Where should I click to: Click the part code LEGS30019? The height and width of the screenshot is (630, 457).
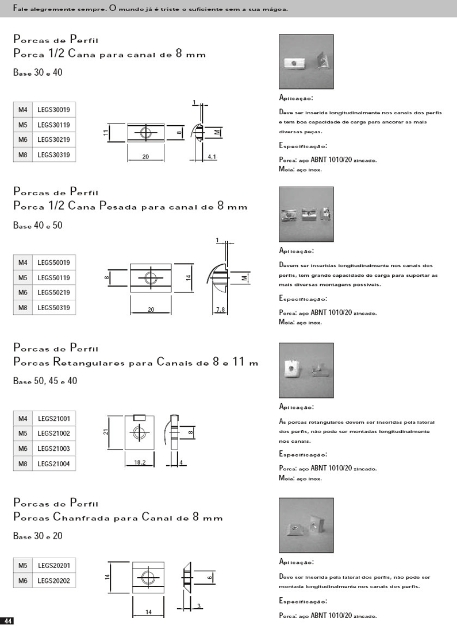click(53, 110)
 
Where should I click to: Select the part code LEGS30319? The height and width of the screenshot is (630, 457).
click(53, 154)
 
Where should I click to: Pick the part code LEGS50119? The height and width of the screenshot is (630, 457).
click(53, 277)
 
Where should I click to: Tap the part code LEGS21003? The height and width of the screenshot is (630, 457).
click(53, 449)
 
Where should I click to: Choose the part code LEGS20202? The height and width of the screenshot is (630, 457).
click(53, 581)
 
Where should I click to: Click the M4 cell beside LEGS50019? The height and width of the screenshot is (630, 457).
click(23, 262)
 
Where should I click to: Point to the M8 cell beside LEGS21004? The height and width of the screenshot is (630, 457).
click(23, 463)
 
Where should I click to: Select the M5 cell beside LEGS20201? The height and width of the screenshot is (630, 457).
click(23, 566)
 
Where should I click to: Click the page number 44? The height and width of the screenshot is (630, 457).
click(7, 621)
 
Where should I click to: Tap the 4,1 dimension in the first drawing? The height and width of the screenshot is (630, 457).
click(211, 156)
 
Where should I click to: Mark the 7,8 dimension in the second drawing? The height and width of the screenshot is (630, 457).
click(220, 310)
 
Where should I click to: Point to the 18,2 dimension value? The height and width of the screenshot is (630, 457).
click(139, 462)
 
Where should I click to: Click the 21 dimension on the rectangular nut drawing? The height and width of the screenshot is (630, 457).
click(106, 432)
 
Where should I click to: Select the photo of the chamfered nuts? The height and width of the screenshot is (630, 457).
click(306, 525)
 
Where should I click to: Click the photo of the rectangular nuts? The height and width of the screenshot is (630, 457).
click(306, 370)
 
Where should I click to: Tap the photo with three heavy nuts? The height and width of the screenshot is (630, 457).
click(306, 214)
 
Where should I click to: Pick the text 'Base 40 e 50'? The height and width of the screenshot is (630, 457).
click(38, 226)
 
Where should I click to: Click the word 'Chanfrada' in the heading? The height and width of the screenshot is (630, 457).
click(82, 517)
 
